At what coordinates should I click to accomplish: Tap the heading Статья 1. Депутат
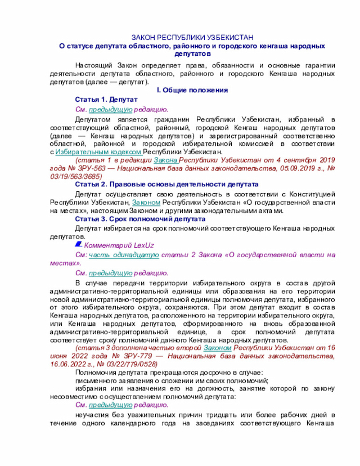pyautogui.click(x=106, y=99)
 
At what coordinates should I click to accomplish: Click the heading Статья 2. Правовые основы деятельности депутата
pyautogui.click(x=166, y=184)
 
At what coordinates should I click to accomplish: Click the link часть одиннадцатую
pyautogui.click(x=123, y=254)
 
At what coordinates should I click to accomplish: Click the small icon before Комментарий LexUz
pyautogui.click(x=78, y=245)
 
